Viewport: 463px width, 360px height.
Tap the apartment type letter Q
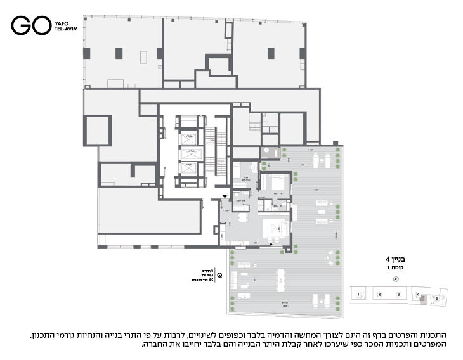point(219,275)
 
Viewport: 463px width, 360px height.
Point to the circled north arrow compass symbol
point(396,279)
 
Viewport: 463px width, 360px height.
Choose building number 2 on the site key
point(379,295)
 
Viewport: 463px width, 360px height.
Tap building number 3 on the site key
point(398,295)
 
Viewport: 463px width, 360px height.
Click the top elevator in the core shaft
point(189,136)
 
